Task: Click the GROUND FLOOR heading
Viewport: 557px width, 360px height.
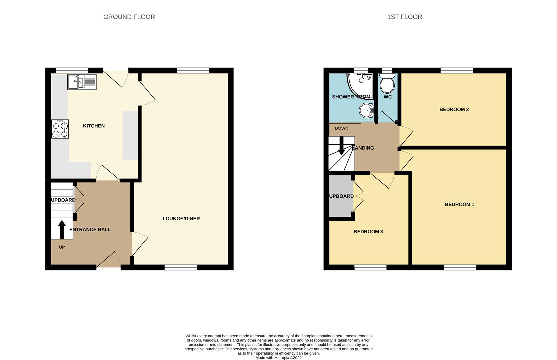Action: (129, 17)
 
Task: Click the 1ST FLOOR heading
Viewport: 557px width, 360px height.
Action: (404, 17)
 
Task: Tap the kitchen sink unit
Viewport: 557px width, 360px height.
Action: (82, 82)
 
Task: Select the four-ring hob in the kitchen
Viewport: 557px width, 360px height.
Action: (60, 129)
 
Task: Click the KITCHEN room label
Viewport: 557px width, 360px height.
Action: (94, 126)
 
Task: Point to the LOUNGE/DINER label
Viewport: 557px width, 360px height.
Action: (181, 219)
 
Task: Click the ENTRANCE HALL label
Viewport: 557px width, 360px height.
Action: (90, 229)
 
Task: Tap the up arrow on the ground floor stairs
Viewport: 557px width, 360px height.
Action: (62, 229)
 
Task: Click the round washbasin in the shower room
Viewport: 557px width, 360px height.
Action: (367, 110)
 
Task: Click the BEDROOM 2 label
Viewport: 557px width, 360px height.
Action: (454, 109)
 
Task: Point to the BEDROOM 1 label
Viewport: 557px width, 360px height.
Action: (459, 204)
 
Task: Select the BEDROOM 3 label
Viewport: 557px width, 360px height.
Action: (368, 232)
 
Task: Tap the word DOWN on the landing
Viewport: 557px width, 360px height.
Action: (341, 128)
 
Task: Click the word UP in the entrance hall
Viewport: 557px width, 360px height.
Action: (62, 247)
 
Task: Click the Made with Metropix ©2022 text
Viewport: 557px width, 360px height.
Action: (278, 358)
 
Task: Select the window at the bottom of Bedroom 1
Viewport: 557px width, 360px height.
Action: (460, 267)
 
